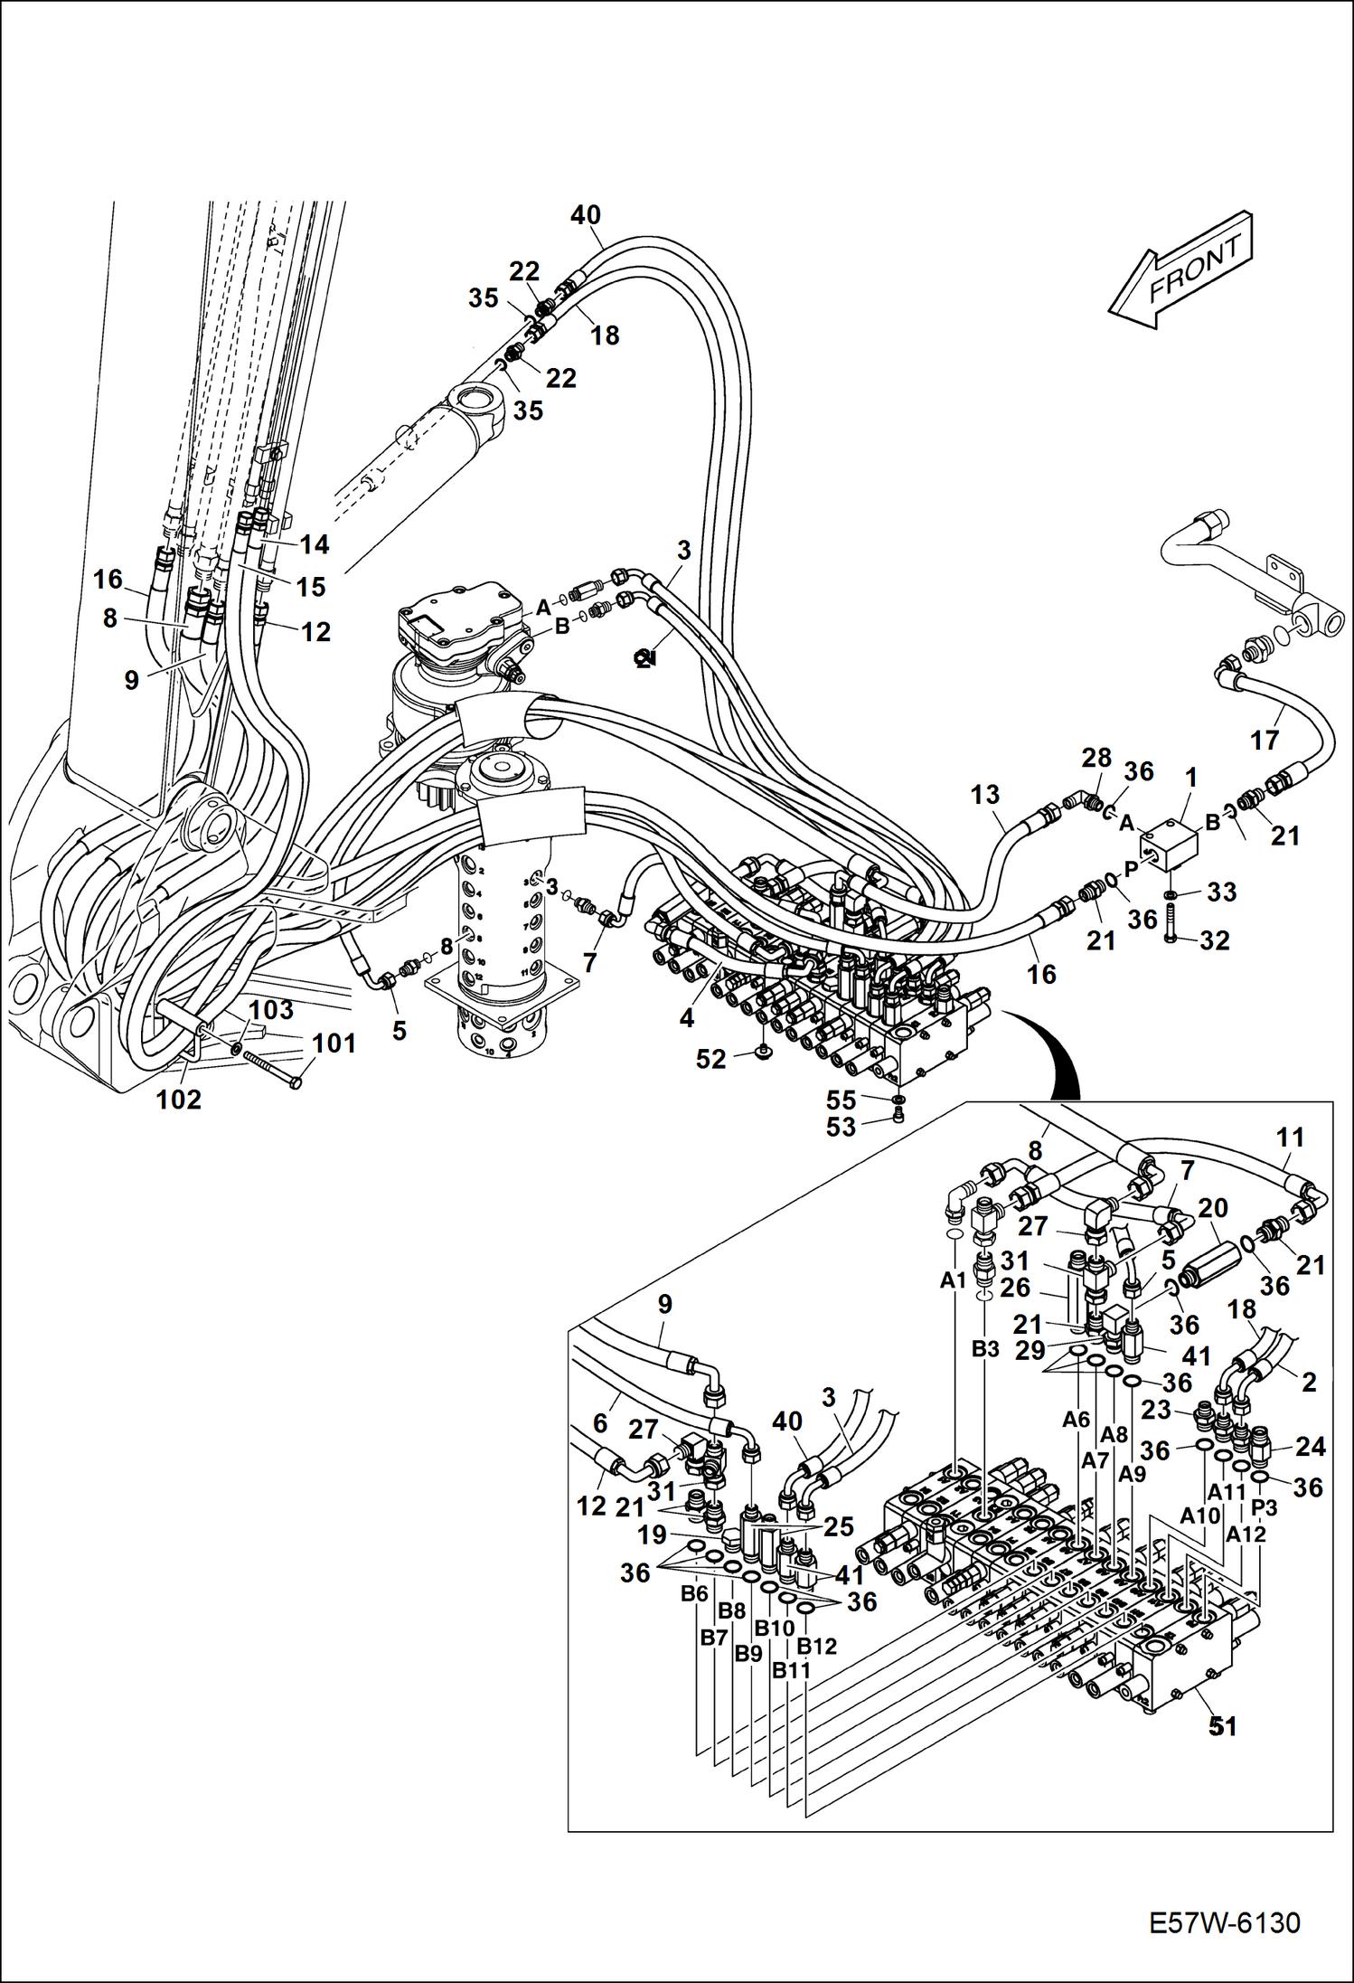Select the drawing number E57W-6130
(x=1225, y=1940)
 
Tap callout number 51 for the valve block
(x=1222, y=1726)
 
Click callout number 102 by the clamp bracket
(x=179, y=1100)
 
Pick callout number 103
(x=271, y=1008)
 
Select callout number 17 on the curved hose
(x=1265, y=740)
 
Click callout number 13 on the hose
(x=985, y=795)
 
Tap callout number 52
(x=711, y=1059)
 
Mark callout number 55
(x=841, y=1100)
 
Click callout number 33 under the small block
(x=1222, y=892)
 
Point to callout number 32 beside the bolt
(x=1216, y=940)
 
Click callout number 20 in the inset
(x=1212, y=1208)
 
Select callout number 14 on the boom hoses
(x=315, y=544)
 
